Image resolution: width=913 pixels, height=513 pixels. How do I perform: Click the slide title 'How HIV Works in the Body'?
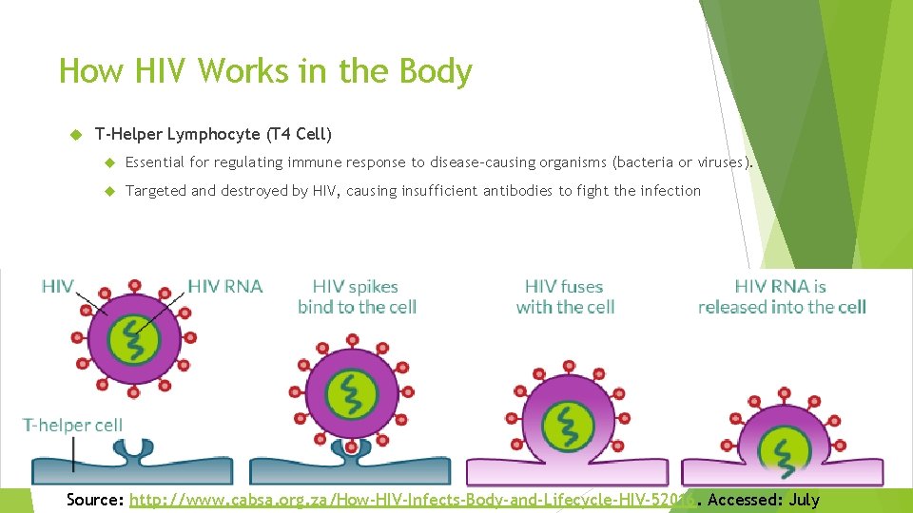265,71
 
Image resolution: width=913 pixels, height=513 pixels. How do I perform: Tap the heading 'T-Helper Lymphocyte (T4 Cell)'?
214,134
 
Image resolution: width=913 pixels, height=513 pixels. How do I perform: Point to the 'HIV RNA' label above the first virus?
225,285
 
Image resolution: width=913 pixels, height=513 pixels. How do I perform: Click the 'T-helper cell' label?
73,425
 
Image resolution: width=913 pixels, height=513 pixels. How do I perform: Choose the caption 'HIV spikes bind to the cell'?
357,296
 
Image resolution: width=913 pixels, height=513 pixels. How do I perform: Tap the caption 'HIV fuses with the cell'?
565,296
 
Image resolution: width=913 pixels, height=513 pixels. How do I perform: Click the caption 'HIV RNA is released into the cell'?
782,296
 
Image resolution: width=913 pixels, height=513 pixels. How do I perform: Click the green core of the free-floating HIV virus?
133,336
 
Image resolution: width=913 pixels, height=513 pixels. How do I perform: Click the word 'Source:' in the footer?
95,500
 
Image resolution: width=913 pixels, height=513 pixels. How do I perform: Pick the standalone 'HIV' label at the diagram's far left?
57,285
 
